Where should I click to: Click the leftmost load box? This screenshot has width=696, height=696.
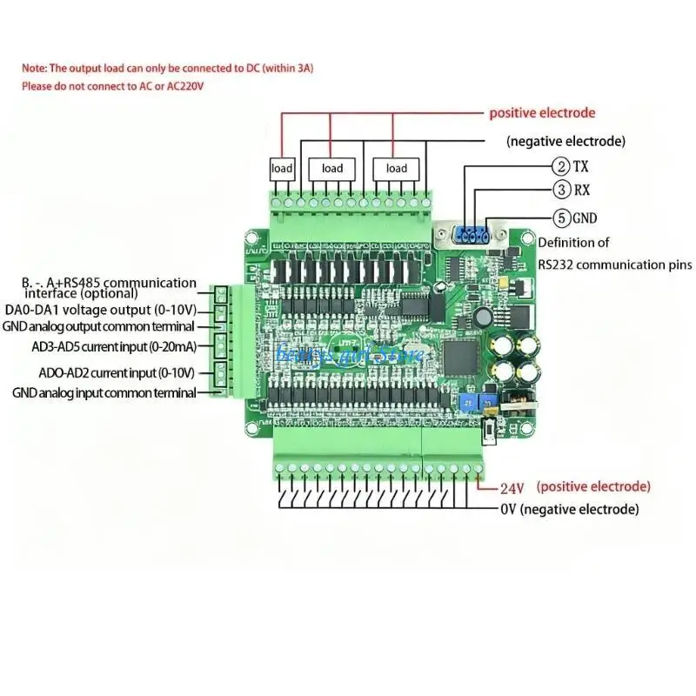(x=283, y=168)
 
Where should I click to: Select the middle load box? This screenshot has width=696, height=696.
(x=332, y=168)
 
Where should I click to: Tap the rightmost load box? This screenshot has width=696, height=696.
(x=396, y=168)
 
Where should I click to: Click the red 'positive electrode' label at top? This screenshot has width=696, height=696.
(x=542, y=113)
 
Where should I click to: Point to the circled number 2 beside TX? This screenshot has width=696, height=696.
(x=561, y=166)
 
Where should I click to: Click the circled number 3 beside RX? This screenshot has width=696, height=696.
(x=561, y=190)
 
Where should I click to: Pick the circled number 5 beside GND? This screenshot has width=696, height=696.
(x=561, y=217)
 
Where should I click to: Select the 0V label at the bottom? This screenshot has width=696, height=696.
(x=509, y=509)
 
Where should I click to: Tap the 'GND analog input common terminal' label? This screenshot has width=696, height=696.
(x=104, y=393)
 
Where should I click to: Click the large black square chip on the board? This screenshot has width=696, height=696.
(x=461, y=354)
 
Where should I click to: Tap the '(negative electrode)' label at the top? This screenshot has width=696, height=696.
(x=565, y=140)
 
